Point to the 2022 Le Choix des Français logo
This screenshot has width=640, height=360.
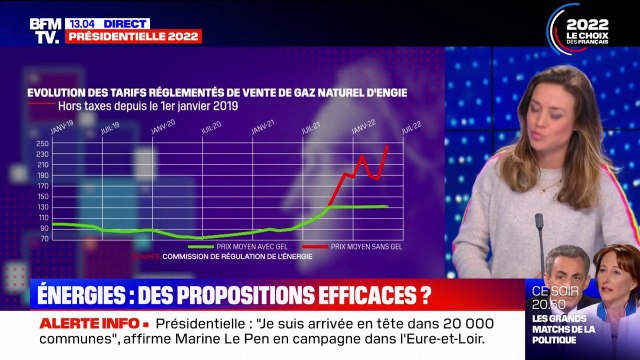coord(595,27)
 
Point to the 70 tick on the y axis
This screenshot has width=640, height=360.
coord(43,238)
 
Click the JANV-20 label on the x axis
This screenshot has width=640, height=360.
coord(164,127)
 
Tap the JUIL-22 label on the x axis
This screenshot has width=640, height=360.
coord(409,127)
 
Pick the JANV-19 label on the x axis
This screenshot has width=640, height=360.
coord(64,127)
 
